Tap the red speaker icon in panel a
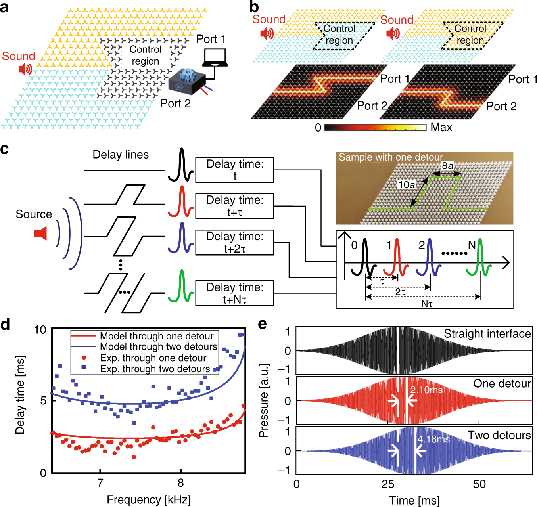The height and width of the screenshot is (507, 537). pos(25,69)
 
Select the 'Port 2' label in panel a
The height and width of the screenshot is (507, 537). pos(175,104)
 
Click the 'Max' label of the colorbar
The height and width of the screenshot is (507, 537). pos(441,128)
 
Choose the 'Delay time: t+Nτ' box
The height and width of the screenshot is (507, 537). pos(235,293)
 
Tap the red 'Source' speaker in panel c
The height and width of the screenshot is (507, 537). pos(40,233)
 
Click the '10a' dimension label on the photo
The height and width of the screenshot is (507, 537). pos(407,185)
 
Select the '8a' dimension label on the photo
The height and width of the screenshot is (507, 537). pos(447,166)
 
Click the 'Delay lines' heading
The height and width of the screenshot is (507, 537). pos(121,155)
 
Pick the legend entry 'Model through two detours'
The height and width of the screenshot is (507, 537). pos(158,347)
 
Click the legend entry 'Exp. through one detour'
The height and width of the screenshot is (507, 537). pos(153,358)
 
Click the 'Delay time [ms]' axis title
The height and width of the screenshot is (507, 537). pos(20,394)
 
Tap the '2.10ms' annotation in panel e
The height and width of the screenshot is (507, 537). pos(426,390)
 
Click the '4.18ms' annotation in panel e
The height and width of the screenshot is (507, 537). pos(433,439)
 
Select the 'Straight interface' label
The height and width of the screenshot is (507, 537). pos(487,334)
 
